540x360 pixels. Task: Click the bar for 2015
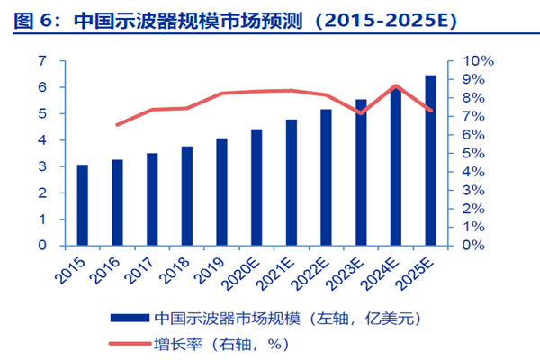(82, 205)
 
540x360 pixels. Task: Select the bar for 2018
(187, 195)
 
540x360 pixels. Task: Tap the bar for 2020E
(256, 187)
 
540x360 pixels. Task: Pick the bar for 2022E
(326, 177)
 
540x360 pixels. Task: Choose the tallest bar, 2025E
(430, 160)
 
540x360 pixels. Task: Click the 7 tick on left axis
(41, 61)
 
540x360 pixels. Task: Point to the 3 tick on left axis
(41, 166)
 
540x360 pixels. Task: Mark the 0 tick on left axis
(41, 245)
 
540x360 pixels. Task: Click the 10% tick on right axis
(477, 61)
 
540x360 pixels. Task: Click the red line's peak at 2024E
(396, 85)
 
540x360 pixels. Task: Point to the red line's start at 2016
(117, 125)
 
